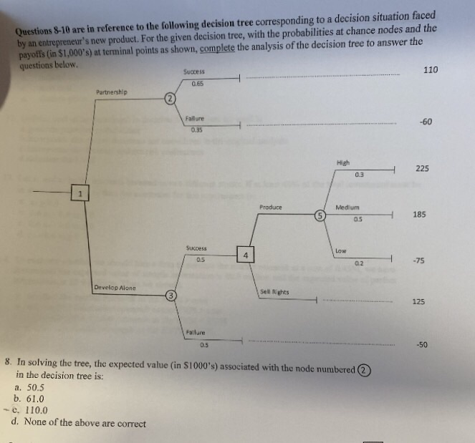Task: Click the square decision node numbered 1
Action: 81,193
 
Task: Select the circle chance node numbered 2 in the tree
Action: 168,98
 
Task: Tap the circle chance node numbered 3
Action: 170,295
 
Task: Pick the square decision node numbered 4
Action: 245,255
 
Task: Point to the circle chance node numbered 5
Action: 322,215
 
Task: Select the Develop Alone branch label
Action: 115,287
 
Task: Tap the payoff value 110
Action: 431,69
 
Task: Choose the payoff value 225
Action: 422,169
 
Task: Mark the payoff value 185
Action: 421,214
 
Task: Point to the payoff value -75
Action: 420,261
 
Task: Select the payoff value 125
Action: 419,301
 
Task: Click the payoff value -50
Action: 422,345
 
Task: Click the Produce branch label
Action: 271,208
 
